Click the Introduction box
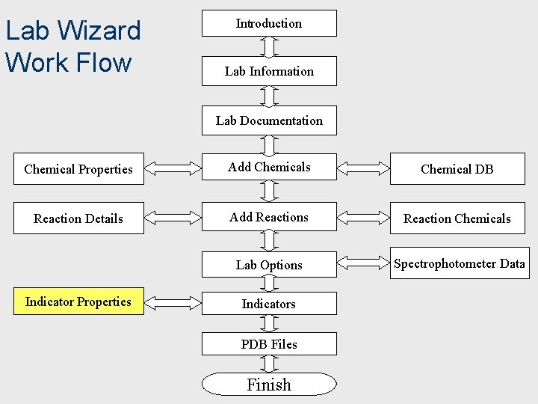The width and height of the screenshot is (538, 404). pyautogui.click(x=269, y=23)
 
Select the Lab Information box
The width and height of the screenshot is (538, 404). pyautogui.click(x=269, y=71)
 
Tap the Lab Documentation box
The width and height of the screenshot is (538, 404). pyautogui.click(x=269, y=120)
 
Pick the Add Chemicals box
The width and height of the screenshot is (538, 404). pyautogui.click(x=269, y=168)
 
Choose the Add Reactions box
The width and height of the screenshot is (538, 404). pyautogui.click(x=269, y=218)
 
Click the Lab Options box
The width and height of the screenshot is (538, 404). pyautogui.click(x=269, y=265)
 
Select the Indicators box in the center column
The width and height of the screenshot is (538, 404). pyautogui.click(x=269, y=304)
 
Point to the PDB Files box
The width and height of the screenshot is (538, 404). pyautogui.click(x=269, y=344)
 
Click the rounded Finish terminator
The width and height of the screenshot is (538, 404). pyautogui.click(x=269, y=385)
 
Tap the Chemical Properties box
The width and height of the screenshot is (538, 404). pyautogui.click(x=78, y=169)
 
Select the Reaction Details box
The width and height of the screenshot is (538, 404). pyautogui.click(x=78, y=218)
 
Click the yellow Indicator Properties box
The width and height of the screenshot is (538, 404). pyautogui.click(x=78, y=302)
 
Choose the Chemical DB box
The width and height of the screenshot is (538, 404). pyautogui.click(x=457, y=169)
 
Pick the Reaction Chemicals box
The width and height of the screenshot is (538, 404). pyautogui.click(x=457, y=218)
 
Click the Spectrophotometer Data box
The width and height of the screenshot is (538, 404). pyautogui.click(x=459, y=263)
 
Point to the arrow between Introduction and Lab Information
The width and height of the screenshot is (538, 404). pyautogui.click(x=269, y=46)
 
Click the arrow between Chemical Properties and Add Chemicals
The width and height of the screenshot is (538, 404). pyautogui.click(x=173, y=168)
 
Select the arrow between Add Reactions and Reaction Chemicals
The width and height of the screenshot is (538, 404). pyautogui.click(x=364, y=218)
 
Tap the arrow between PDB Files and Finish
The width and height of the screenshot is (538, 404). pyautogui.click(x=269, y=364)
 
